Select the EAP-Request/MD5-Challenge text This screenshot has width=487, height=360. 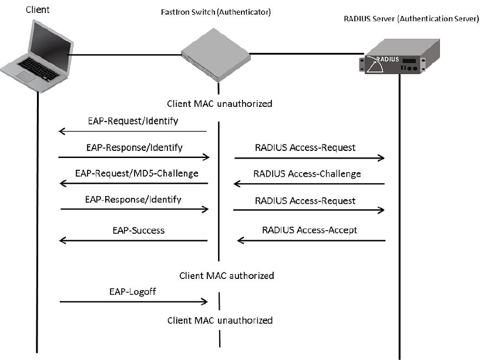[x=137, y=173]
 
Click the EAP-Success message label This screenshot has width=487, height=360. [x=139, y=230]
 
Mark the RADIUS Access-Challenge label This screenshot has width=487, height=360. [x=307, y=174]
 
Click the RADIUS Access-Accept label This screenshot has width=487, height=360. [x=309, y=230]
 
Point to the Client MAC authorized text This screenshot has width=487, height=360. [x=226, y=275]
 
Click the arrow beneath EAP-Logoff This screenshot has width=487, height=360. [x=134, y=302]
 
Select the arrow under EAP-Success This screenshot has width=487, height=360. [x=134, y=241]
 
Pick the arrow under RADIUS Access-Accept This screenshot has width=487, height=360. [x=311, y=241]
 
